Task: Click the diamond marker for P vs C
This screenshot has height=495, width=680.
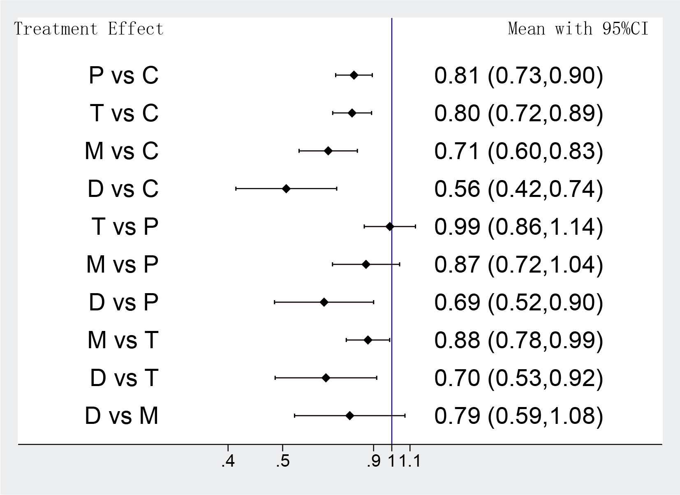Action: (x=354, y=75)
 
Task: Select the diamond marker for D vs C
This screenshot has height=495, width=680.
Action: (x=286, y=189)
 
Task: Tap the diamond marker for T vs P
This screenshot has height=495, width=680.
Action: (x=390, y=226)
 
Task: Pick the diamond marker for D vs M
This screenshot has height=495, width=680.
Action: (x=349, y=416)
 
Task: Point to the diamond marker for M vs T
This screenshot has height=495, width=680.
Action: (x=368, y=340)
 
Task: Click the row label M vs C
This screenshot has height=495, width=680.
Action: (x=122, y=151)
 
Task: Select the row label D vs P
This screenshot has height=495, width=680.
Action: (x=123, y=302)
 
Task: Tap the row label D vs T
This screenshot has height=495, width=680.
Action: (x=124, y=378)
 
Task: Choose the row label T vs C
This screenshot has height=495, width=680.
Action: (x=124, y=113)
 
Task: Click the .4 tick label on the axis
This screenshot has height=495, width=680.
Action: (x=228, y=462)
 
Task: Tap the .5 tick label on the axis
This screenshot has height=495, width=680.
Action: (x=282, y=462)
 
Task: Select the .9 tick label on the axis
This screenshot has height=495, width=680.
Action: (x=373, y=462)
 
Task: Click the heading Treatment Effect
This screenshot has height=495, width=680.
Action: (x=89, y=29)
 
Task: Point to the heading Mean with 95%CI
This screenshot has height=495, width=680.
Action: (x=578, y=29)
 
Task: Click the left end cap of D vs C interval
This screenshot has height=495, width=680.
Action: (x=236, y=189)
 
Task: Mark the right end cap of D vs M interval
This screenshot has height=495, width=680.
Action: (x=405, y=416)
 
